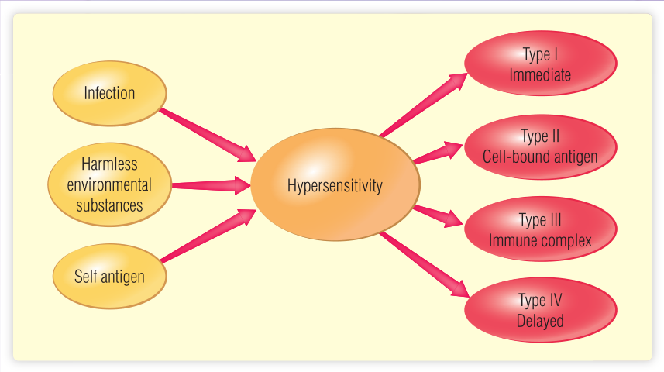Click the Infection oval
[109, 93]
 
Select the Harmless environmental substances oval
[109, 184]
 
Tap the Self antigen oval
[109, 276]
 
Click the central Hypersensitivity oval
[335, 186]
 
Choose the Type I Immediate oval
[540, 65]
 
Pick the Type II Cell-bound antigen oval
[540, 147]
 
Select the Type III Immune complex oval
[540, 230]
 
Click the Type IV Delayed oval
[540, 311]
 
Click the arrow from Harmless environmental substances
[209, 185]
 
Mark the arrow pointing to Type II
[438, 152]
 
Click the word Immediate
[540, 75]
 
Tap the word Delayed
[540, 321]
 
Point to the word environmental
[109, 185]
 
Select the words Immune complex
[540, 240]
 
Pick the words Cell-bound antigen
[540, 157]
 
